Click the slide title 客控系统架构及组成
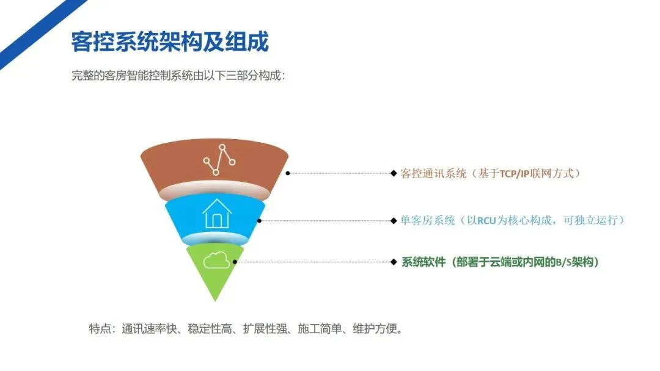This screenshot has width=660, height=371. point(170,43)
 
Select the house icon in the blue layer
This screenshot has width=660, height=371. point(217,214)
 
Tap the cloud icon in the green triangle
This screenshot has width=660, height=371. point(216,261)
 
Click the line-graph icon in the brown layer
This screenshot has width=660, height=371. point(219,160)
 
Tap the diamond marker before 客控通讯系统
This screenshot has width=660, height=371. point(394,173)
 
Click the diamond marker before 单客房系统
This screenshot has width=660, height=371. point(394,220)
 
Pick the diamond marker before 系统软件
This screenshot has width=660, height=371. point(394,262)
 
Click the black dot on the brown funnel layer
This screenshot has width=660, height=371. point(288,173)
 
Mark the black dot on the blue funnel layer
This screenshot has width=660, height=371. point(259,220)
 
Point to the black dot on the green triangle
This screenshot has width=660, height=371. point(235,262)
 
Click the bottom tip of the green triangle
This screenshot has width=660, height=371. point(215,300)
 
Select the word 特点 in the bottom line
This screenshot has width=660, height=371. point(100,329)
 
